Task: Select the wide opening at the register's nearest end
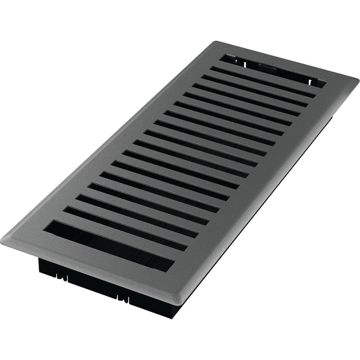[x=108, y=245]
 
